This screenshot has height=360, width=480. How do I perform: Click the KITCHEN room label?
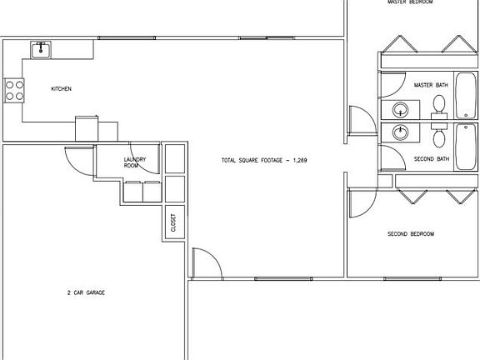[x=62, y=88]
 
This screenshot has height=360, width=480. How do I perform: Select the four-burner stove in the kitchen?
[x=14, y=89]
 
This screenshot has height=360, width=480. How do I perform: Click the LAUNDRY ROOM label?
[x=135, y=162]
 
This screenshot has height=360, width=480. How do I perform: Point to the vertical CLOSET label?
[x=173, y=222]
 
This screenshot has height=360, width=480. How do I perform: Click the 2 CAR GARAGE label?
[x=86, y=292]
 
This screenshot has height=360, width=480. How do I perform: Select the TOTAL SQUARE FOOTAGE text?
[x=264, y=159]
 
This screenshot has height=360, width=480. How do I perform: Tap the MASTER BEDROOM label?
[x=411, y=2]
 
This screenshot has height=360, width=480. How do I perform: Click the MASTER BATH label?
[x=432, y=86]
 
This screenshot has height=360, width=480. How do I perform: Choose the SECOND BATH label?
[x=432, y=158]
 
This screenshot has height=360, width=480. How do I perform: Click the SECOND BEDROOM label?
[x=411, y=234]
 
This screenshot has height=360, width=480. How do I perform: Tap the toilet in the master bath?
[x=439, y=104]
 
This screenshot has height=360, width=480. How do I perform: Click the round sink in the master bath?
[x=402, y=109]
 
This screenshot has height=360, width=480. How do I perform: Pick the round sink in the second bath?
[x=402, y=132]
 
